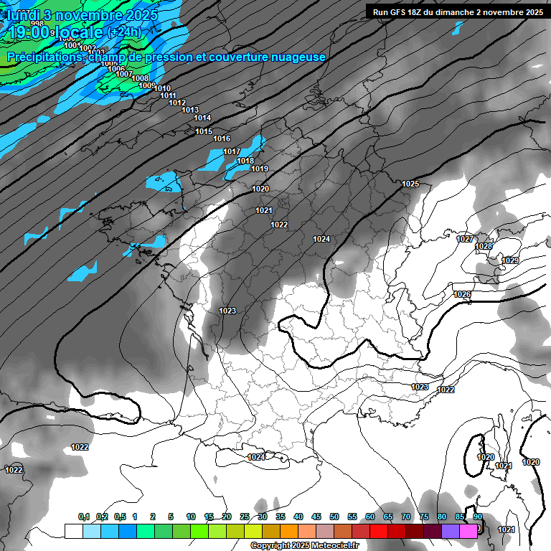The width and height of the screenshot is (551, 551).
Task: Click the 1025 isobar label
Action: coord(410,184)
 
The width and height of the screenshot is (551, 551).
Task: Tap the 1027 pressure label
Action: coord(464,239)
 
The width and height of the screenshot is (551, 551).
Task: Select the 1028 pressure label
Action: coord(484,247)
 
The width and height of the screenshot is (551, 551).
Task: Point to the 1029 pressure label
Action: coord(510,260)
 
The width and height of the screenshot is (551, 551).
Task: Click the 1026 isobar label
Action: coord(462,295)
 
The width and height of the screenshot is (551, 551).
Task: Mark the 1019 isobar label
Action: coord(260,169)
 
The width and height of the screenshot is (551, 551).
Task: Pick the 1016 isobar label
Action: coord(222,138)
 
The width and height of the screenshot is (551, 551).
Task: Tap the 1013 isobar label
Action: coord(190,110)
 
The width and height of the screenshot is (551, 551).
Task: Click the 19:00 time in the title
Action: coord(29,32)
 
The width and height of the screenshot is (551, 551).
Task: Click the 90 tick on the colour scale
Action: coord(477,517)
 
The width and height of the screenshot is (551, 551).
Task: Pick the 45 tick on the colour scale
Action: coord(316,517)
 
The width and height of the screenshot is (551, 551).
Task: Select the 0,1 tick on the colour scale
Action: coord(83,517)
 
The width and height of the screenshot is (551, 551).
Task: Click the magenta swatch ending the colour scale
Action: coord(468,531)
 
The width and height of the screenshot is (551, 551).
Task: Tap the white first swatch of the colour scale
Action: coord(73,531)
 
